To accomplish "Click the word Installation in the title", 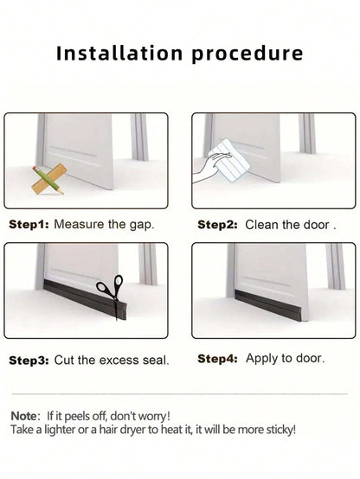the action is (119, 53).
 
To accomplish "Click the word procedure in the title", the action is (247, 54).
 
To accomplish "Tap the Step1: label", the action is (29, 225).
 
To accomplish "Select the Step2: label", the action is (217, 225).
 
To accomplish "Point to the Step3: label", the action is (29, 361).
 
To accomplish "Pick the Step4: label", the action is (217, 359).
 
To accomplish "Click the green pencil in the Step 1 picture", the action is (48, 181).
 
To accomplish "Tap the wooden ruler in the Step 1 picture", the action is (49, 179).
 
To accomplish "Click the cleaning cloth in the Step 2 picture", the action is (228, 161).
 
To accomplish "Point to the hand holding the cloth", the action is (207, 168).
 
